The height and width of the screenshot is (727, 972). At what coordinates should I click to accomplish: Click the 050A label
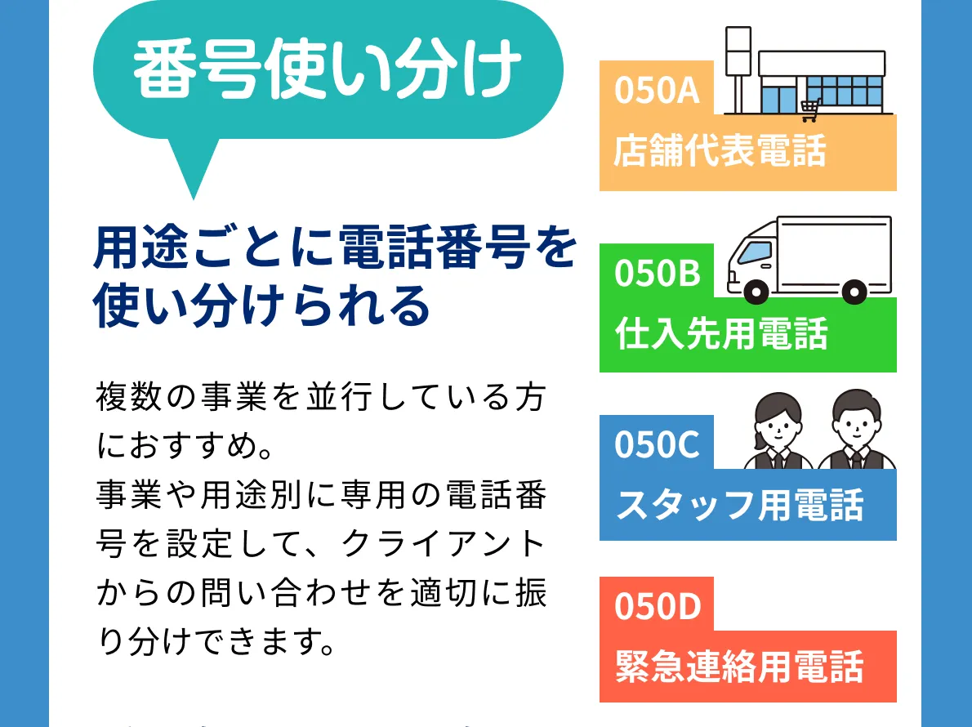click(x=657, y=90)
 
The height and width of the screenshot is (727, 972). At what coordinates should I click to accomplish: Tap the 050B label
click(x=657, y=273)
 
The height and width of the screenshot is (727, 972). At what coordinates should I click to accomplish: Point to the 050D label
click(x=658, y=606)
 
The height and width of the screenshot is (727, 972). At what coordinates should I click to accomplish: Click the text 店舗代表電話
click(x=720, y=150)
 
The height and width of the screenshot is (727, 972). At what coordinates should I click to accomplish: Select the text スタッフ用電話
click(x=739, y=504)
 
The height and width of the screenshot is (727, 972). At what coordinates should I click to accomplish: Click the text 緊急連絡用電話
click(x=739, y=667)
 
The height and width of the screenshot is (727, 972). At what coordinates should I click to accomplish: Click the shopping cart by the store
click(x=810, y=109)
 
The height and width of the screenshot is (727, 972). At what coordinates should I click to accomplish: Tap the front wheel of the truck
click(x=756, y=291)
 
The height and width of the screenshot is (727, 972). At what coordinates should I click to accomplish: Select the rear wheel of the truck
click(x=854, y=291)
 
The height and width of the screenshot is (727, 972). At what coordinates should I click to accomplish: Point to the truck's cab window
click(x=755, y=252)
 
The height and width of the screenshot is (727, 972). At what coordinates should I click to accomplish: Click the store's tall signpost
click(x=738, y=70)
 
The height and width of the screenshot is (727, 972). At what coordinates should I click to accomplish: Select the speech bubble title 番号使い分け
click(x=328, y=68)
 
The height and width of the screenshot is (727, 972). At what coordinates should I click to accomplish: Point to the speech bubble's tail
click(x=193, y=168)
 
